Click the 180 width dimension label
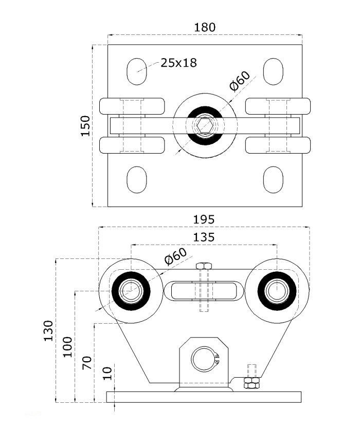click(x=205, y=27)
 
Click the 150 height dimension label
click(x=85, y=125)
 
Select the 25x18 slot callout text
click(x=178, y=63)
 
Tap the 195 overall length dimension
click(x=204, y=219)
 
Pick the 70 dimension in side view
click(x=87, y=363)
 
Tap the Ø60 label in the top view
click(x=240, y=81)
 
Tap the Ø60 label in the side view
click(x=175, y=256)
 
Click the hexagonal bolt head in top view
click(x=205, y=125)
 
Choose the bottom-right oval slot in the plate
click(x=273, y=180)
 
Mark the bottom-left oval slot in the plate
click(x=136, y=180)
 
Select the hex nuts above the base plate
click(x=251, y=384)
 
